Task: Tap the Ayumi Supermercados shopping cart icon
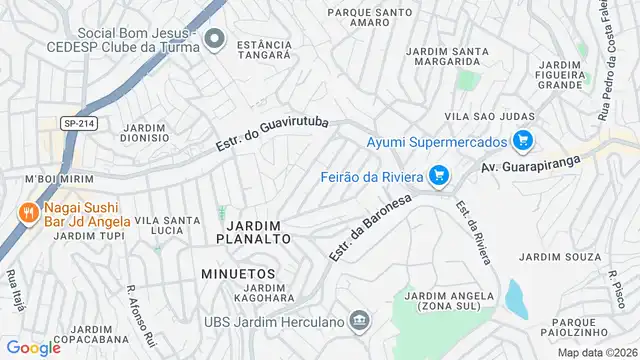pos(521,141)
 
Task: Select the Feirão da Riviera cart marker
pos(438,177)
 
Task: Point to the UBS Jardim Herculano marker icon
pos(361,321)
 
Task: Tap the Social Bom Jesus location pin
pos(213,41)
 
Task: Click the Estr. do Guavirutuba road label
pos(273,131)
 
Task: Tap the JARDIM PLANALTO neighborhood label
pos(253,232)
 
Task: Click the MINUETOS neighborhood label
pos(237,272)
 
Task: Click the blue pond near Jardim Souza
pos(516,298)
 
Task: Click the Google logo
pos(33,348)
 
